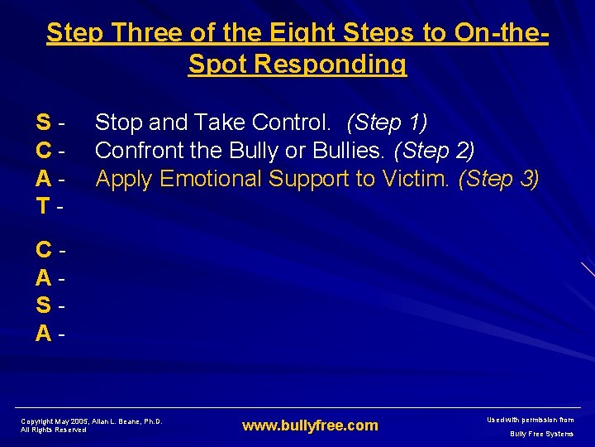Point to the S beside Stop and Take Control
click(x=45, y=123)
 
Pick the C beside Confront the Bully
click(x=45, y=151)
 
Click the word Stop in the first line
click(x=117, y=123)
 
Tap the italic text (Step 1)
click(x=387, y=123)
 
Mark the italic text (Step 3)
click(x=499, y=179)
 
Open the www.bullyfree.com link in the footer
click(x=309, y=425)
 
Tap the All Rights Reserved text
click(x=53, y=430)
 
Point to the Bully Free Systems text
click(x=541, y=434)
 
